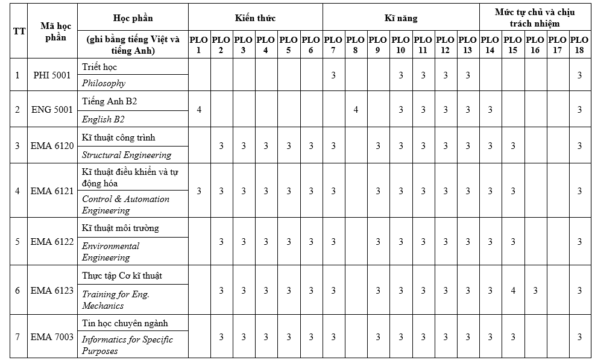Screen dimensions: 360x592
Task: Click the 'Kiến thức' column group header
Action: click(255, 18)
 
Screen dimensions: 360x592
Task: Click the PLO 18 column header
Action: click(579, 45)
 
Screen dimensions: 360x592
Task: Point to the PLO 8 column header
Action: click(356, 45)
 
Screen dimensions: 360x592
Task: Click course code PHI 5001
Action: click(52, 75)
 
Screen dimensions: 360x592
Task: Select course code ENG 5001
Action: click(52, 110)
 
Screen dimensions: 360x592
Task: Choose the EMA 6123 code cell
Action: click(52, 291)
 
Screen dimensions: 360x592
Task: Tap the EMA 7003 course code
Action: click(52, 337)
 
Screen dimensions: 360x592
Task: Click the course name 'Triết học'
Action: click(100, 66)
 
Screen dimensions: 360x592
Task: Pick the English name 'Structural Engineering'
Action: click(127, 155)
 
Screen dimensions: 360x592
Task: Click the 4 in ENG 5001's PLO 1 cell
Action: click(198, 110)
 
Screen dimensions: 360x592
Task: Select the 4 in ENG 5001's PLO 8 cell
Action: click(356, 110)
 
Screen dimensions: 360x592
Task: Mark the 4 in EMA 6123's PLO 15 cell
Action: click(513, 291)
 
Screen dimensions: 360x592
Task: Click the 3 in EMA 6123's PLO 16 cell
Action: click(535, 291)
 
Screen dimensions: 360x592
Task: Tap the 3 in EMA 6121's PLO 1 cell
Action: click(198, 191)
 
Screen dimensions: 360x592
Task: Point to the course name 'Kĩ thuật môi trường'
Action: click(121, 229)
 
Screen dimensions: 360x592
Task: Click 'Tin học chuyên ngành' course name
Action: click(125, 323)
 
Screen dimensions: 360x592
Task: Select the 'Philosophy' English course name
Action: click(104, 83)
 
